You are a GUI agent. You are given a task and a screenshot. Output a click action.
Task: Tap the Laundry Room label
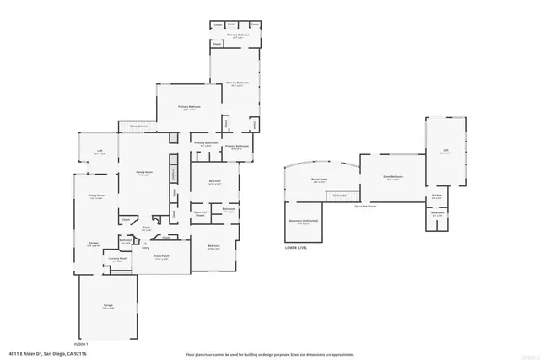[x=117, y=260]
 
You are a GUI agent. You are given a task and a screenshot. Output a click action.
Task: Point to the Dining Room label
[x=96, y=196]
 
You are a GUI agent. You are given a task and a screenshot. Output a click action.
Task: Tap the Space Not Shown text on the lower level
[x=365, y=206]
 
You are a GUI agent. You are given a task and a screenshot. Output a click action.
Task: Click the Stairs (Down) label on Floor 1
[x=138, y=126]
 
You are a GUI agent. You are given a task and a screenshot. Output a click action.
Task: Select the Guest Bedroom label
[x=393, y=177]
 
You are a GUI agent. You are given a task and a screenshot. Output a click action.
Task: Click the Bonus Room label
[x=319, y=180]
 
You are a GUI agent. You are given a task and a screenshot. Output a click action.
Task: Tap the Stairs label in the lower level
[x=340, y=195]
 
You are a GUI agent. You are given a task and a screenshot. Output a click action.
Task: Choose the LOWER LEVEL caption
[x=297, y=249]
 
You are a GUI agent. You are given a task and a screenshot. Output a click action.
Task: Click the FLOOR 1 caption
[x=82, y=344]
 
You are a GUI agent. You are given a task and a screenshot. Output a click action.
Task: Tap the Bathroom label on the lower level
[x=437, y=213]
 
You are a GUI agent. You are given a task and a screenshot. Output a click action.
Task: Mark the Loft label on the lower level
[x=445, y=152]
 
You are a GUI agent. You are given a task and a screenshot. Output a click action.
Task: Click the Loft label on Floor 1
[x=100, y=153]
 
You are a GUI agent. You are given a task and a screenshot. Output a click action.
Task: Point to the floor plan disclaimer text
[x=269, y=354]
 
